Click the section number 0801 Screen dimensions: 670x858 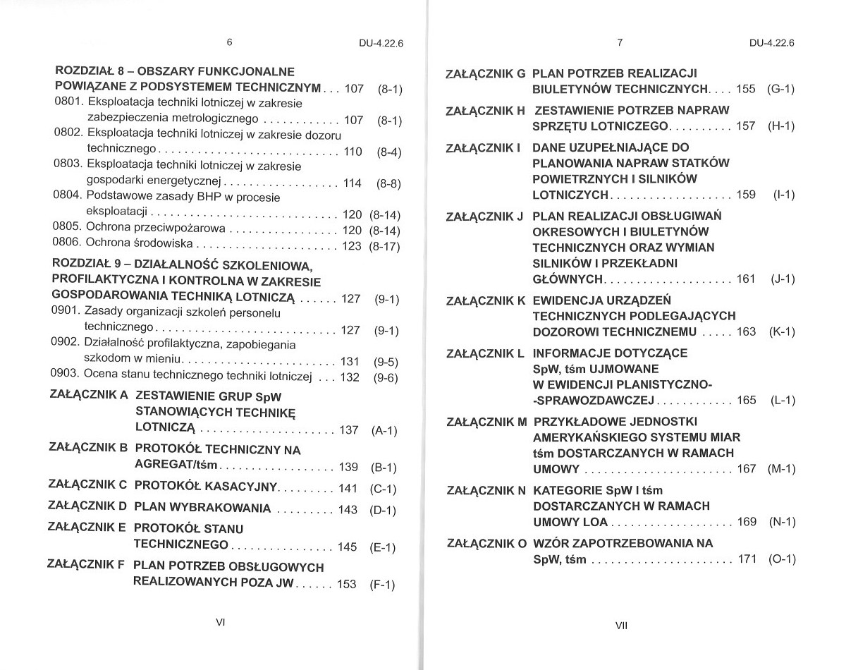(x=69, y=102)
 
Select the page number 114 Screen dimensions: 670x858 (x=352, y=183)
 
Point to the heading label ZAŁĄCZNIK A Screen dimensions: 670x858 (x=90, y=396)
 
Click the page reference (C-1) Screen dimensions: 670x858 (x=383, y=489)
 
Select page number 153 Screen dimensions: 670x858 (x=347, y=584)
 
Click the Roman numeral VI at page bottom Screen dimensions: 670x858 (x=220, y=623)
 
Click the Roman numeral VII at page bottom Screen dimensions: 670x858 (x=621, y=626)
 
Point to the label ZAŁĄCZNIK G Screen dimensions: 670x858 (x=486, y=73)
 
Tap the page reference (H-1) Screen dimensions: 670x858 (x=781, y=126)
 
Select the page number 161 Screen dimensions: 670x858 (x=746, y=279)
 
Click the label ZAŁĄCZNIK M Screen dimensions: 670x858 (x=486, y=422)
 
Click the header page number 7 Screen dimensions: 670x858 (x=619, y=42)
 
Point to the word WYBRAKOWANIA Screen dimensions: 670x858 (x=224, y=508)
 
